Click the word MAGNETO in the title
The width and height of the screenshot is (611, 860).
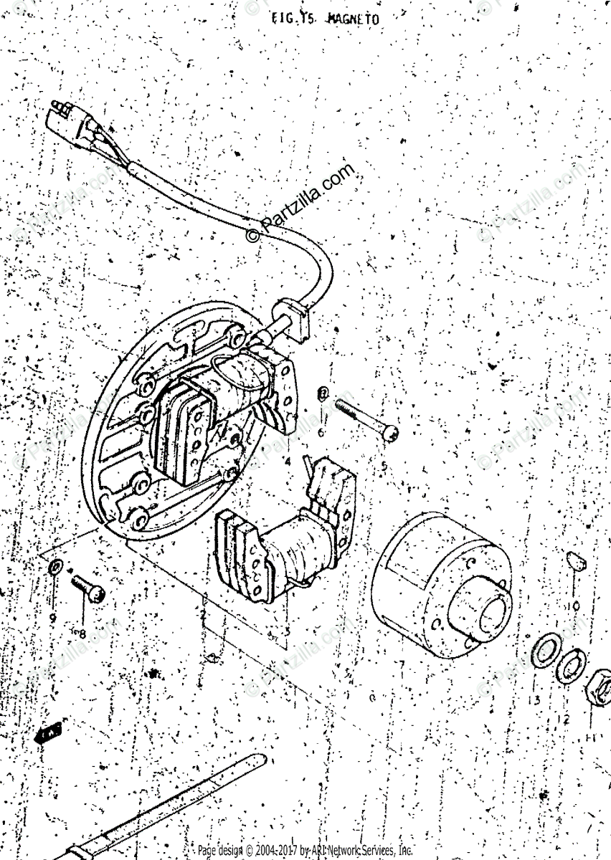[353, 19]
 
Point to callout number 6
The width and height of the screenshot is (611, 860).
[321, 433]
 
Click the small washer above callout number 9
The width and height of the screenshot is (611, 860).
[55, 569]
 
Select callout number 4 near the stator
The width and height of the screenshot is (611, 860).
[286, 462]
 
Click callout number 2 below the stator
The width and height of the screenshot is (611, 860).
[203, 615]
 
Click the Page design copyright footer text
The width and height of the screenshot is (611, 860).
[305, 851]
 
